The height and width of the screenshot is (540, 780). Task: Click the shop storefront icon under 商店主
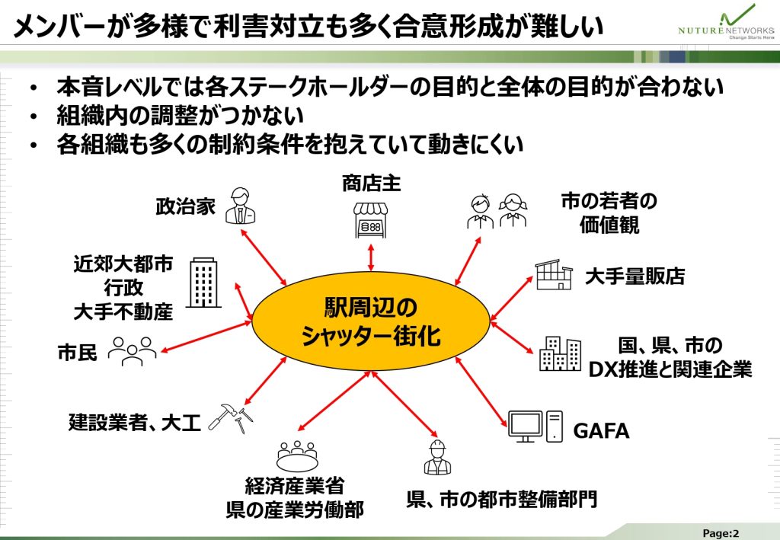coord(370,220)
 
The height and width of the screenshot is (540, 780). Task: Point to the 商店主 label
coord(370,183)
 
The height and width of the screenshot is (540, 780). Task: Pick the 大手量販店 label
coord(634,276)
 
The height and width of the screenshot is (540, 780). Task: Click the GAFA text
coord(601,431)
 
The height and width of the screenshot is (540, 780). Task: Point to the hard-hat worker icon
coord(437,458)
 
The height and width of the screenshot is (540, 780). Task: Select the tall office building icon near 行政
coord(203,282)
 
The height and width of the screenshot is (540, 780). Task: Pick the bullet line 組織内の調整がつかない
coord(181,116)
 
